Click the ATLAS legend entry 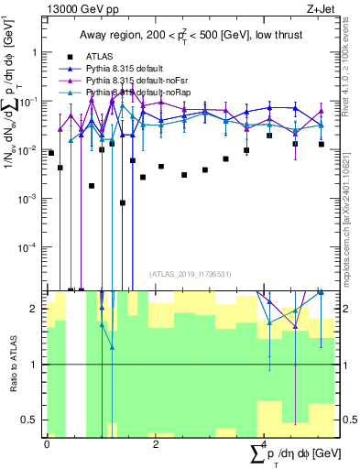[99, 56]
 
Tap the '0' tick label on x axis [47, 444]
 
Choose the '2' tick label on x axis [155, 444]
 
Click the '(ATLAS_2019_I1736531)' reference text [189, 273]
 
